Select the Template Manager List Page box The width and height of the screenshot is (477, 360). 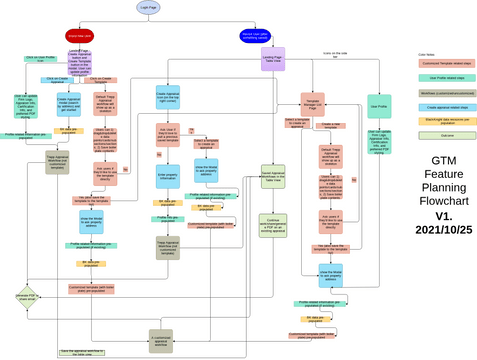[x=313, y=102]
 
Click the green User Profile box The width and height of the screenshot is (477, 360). [x=378, y=104]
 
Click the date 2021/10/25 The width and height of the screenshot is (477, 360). [x=443, y=230]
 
